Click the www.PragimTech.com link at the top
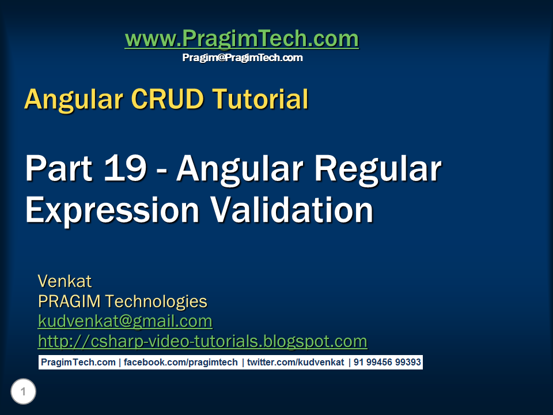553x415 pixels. click(x=241, y=39)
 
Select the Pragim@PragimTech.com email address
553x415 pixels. click(x=242, y=58)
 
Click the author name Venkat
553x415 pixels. click(x=65, y=281)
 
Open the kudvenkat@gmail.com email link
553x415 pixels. click(x=125, y=321)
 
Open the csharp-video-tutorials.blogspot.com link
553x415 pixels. click(x=202, y=341)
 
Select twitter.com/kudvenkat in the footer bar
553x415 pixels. click(x=295, y=363)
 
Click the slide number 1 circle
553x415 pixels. click(x=23, y=393)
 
